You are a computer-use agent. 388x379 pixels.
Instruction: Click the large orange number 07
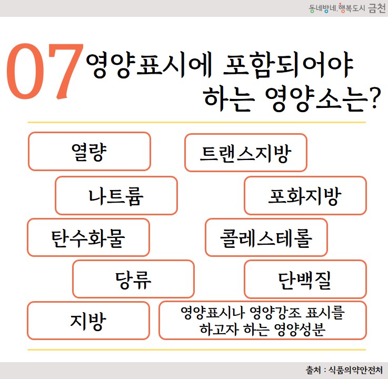click(x=45, y=71)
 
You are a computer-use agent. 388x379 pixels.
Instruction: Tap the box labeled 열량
click(x=89, y=152)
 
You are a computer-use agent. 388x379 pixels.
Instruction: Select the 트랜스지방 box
click(x=246, y=153)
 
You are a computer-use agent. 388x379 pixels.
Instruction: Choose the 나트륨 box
click(x=116, y=195)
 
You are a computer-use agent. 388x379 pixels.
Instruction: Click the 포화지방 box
click(x=305, y=195)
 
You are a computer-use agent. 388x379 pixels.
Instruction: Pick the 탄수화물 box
click(x=88, y=237)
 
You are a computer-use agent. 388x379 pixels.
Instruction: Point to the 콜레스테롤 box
click(x=266, y=237)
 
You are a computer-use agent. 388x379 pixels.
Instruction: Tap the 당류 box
click(x=133, y=279)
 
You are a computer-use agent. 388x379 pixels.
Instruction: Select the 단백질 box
click(x=305, y=279)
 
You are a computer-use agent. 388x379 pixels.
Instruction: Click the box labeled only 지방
click(x=88, y=321)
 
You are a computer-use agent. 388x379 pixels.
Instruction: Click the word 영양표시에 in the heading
click(x=148, y=65)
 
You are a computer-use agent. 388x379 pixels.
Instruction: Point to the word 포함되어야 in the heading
click(x=288, y=65)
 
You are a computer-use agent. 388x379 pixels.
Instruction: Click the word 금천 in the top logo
click(x=377, y=8)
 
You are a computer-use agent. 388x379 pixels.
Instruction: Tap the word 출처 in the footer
click(x=313, y=370)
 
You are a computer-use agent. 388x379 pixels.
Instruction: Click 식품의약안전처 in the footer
click(x=355, y=370)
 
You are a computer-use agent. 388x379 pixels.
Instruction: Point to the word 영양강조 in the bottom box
click(x=275, y=313)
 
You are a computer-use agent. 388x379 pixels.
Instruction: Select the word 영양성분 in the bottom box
click(x=300, y=330)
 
